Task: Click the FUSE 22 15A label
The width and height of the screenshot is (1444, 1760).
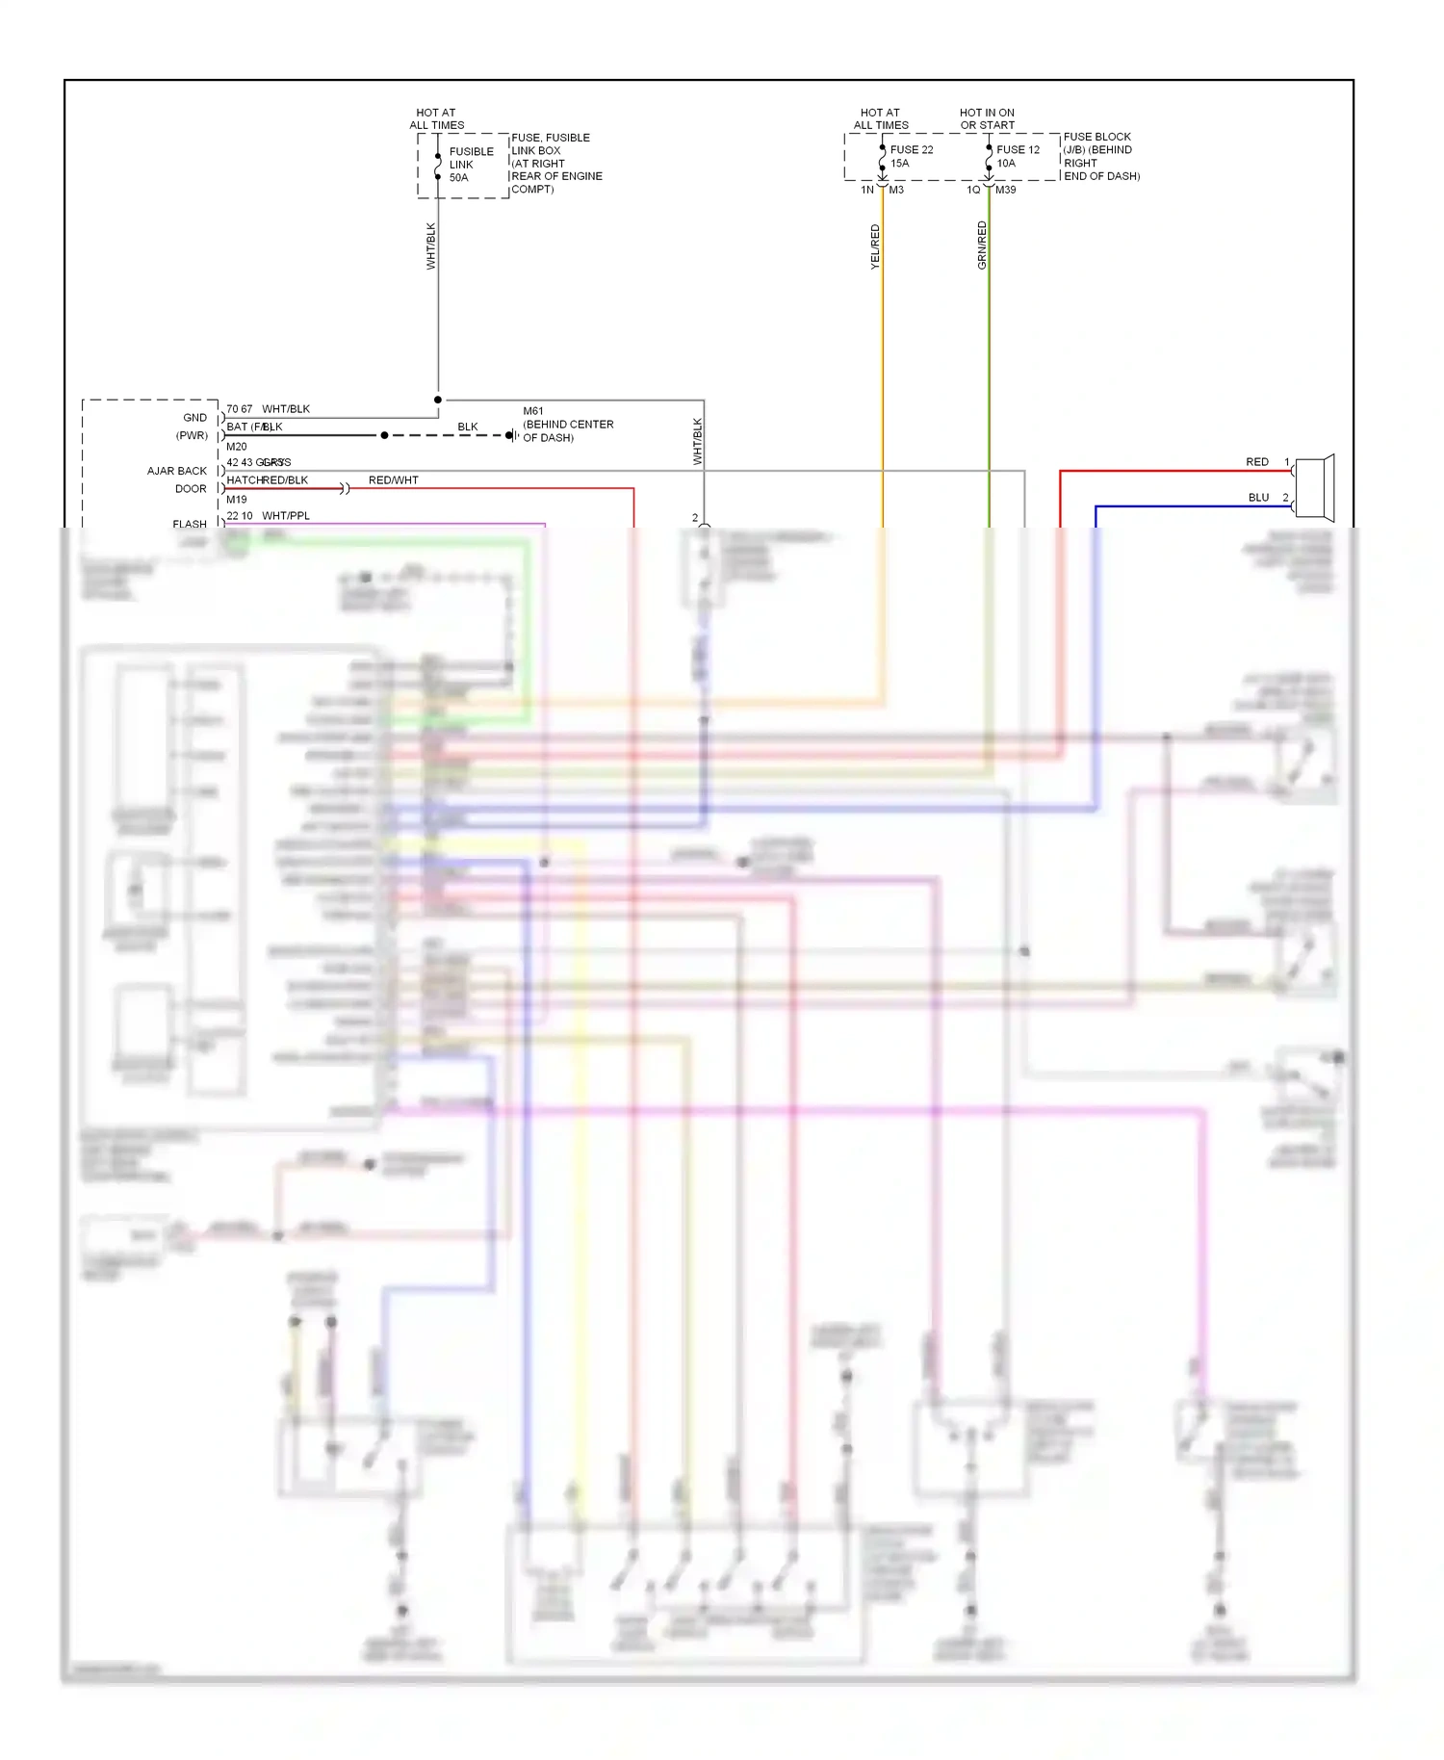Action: [911, 156]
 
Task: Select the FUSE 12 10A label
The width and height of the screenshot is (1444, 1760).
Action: [1018, 156]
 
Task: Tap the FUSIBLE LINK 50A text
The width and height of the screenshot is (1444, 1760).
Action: [471, 165]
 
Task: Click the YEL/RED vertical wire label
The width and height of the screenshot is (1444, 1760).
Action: [875, 246]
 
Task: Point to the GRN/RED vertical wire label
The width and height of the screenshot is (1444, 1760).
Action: [982, 245]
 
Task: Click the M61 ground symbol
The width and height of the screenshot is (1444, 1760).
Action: [512, 435]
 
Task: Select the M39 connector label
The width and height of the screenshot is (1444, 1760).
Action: [1005, 190]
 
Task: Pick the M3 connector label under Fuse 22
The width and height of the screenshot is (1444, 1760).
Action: [896, 190]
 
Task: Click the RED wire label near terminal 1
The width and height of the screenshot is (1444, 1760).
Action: [1257, 462]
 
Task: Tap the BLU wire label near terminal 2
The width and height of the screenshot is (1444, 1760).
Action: [1258, 498]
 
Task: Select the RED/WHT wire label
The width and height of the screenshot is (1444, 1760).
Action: [393, 479]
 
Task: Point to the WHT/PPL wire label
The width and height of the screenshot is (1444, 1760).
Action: [286, 516]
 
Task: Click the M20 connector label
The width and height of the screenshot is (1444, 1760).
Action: [237, 447]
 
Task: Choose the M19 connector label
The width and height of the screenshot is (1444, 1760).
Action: [237, 500]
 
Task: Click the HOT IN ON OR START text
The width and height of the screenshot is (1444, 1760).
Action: [987, 118]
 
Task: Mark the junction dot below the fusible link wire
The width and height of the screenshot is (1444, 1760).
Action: [438, 400]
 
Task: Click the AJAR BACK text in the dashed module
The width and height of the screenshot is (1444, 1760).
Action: [176, 471]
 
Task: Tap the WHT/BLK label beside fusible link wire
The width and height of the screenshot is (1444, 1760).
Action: [431, 246]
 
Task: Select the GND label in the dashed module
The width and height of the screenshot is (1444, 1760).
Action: [194, 418]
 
